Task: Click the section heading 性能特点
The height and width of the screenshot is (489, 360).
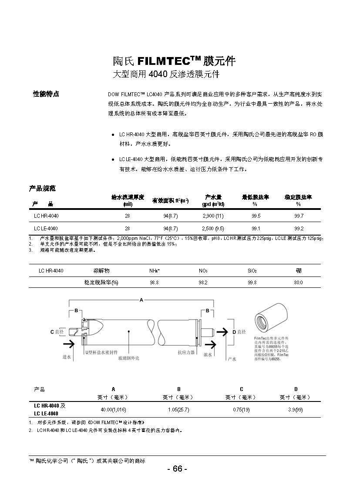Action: click(x=46, y=94)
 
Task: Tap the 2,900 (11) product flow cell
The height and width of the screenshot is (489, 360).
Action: click(x=213, y=216)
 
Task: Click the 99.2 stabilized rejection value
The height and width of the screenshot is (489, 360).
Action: click(x=299, y=228)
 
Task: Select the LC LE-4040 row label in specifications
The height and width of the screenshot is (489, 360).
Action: click(x=46, y=228)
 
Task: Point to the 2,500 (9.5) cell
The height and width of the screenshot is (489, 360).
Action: click(x=213, y=228)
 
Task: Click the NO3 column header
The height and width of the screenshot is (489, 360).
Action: click(x=203, y=270)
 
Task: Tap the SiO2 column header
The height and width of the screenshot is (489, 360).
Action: click(x=252, y=270)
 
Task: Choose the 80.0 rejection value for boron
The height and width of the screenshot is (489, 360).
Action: click(x=299, y=282)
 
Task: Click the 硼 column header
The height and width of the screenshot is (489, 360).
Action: click(x=299, y=270)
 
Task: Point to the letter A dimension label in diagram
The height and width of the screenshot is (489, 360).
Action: click(x=141, y=300)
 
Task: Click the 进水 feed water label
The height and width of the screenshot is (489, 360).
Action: click(x=67, y=356)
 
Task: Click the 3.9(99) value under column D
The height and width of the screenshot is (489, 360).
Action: click(x=296, y=410)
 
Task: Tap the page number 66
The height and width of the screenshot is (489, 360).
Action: click(x=177, y=469)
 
